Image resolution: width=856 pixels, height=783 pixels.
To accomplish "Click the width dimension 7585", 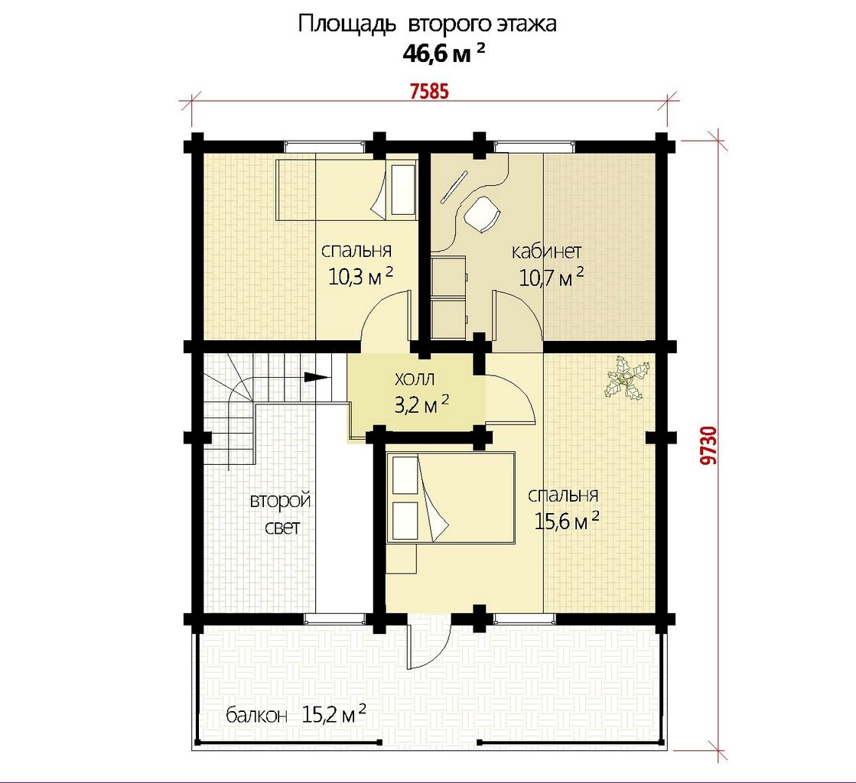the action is point(429,91).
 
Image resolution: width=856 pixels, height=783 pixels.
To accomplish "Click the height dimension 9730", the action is point(708,445).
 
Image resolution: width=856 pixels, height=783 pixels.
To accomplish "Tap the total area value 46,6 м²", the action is point(444,54).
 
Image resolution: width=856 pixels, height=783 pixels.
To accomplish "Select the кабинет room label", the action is point(546,251).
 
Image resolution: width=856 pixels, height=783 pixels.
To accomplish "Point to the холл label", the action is point(415,379).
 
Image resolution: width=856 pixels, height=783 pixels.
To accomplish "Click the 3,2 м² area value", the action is point(421,404).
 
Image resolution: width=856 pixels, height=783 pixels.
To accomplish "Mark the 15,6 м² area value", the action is point(567,521).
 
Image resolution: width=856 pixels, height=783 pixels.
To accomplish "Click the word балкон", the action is point(256,716).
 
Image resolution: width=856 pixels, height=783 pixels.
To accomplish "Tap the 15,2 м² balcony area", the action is point(334,713).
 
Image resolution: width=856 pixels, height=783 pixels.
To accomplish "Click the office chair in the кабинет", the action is point(483,214).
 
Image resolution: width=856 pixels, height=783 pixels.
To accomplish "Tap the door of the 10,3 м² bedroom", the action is point(385,317).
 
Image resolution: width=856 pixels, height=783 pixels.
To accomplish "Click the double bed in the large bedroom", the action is point(451,498).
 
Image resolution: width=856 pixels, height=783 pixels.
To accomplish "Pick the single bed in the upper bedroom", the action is point(347,190).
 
